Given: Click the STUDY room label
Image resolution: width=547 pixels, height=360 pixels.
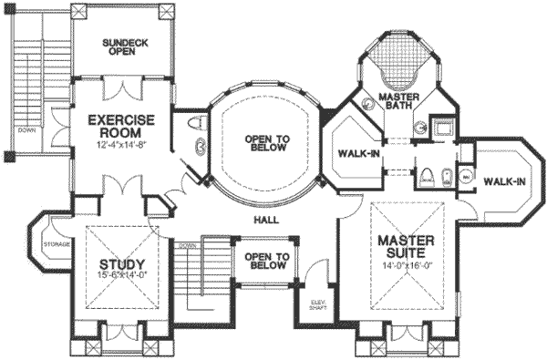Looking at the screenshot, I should (116, 266).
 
